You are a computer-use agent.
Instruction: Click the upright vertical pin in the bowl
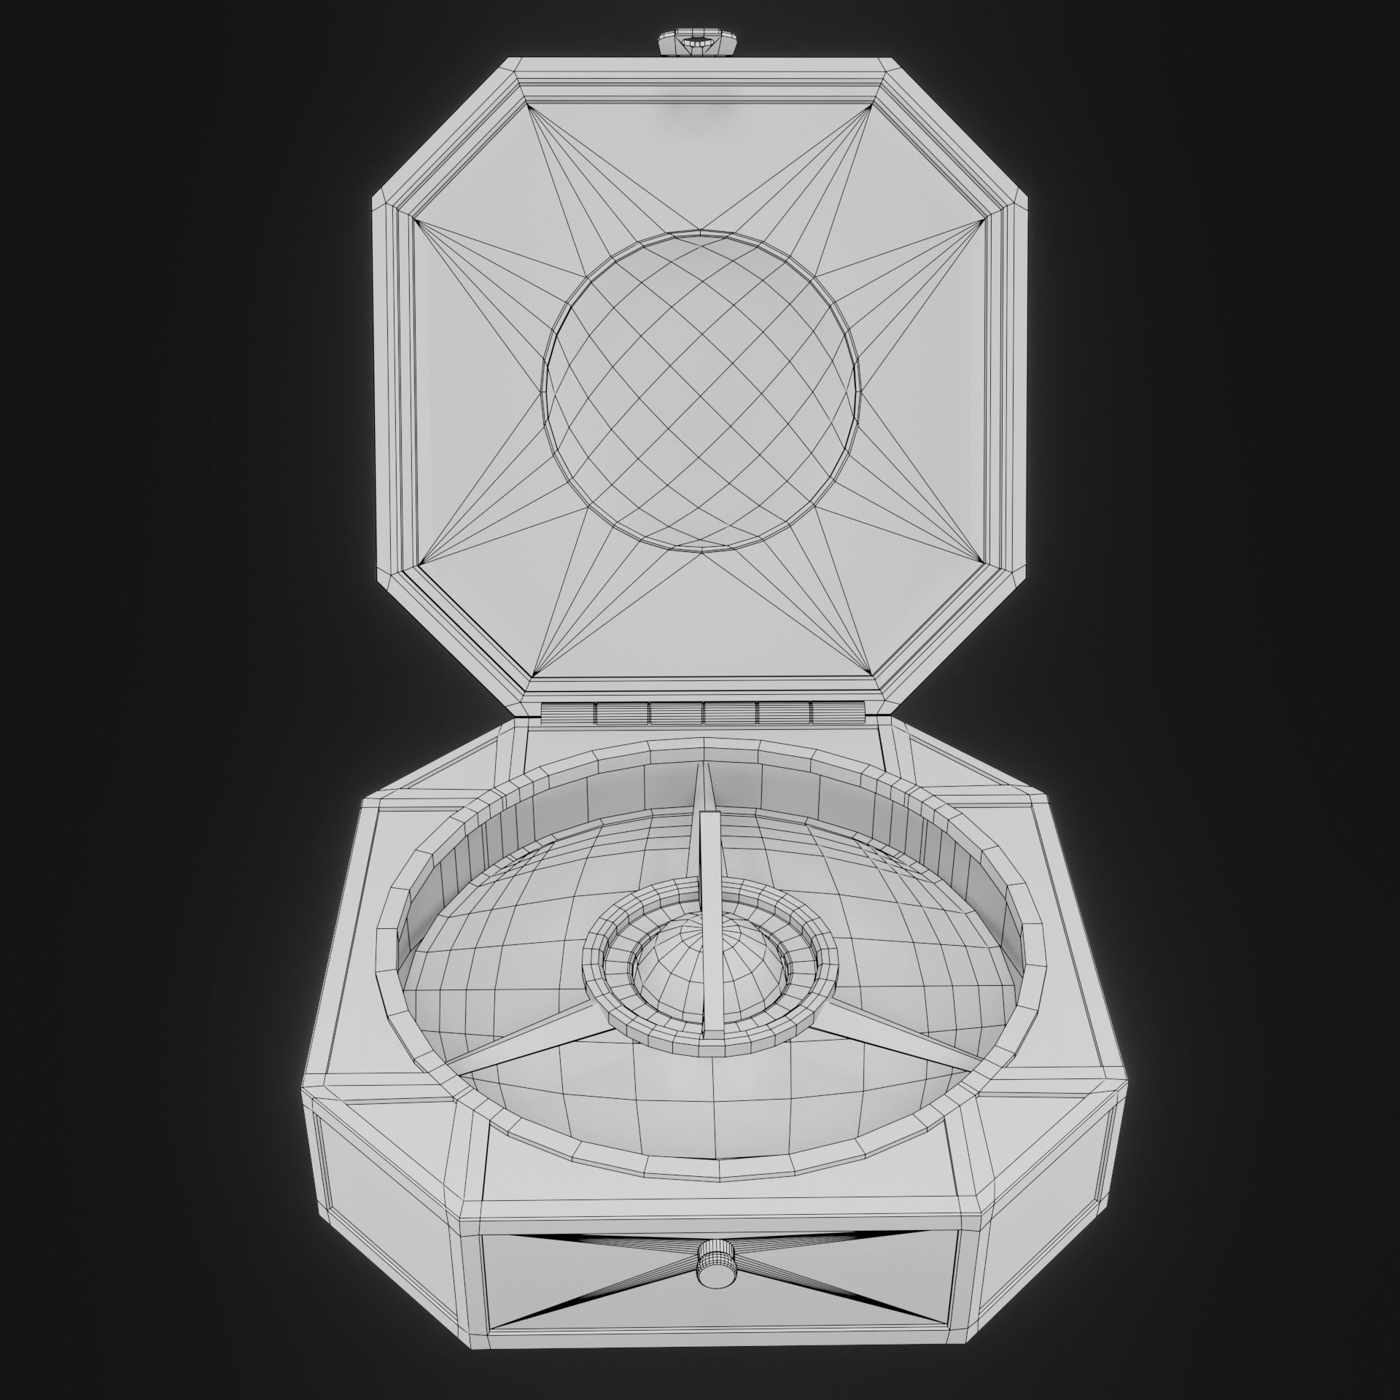click(710, 919)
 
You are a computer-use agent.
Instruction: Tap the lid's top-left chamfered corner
click(445, 131)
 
